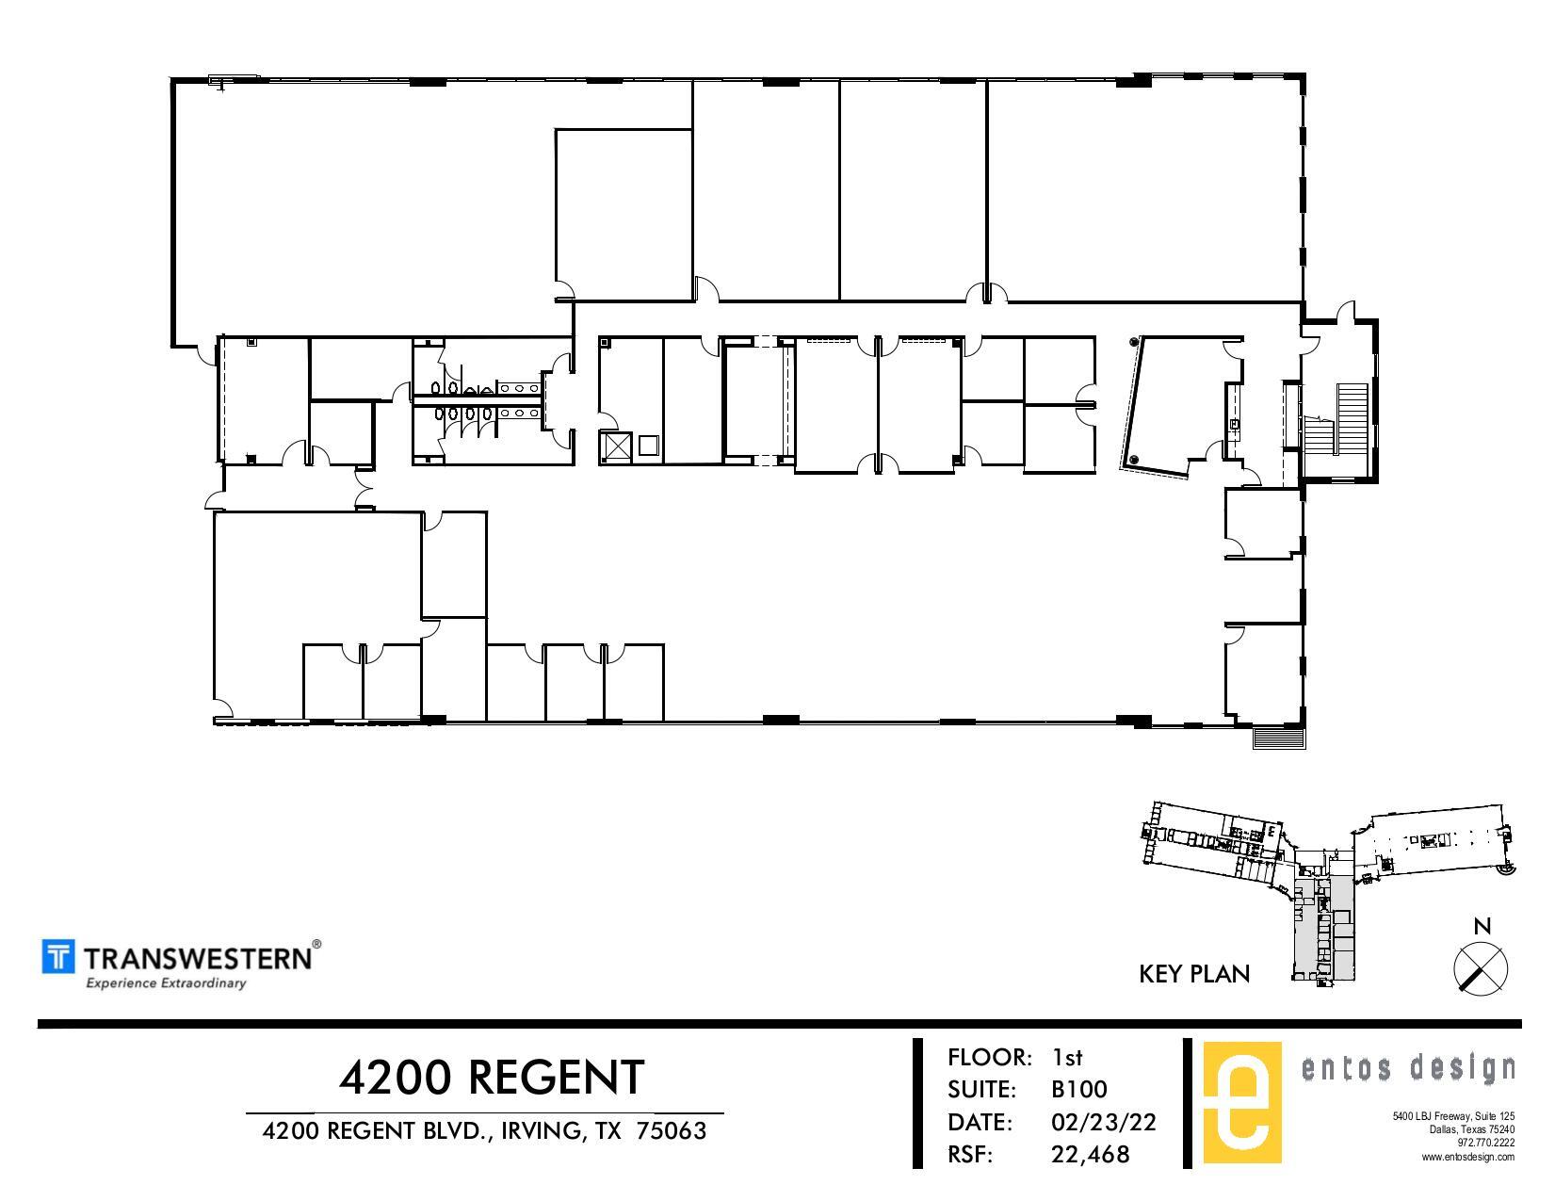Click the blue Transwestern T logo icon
click(58, 956)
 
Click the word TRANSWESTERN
click(198, 958)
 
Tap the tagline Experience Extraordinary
click(166, 983)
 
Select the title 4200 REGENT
click(492, 1077)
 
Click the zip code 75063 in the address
click(672, 1130)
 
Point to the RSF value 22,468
click(1091, 1153)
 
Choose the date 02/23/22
click(1104, 1122)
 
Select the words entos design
click(1407, 1068)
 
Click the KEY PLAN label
click(1194, 974)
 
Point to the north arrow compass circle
click(1481, 968)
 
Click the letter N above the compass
click(1482, 927)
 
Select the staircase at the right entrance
click(1348, 418)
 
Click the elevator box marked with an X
click(616, 446)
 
